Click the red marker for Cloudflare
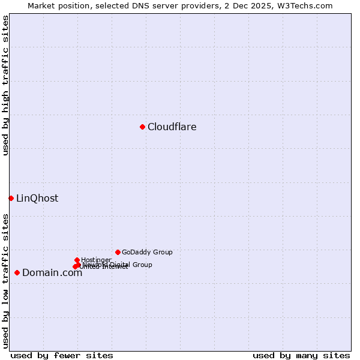(x=142, y=127)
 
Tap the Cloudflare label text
(x=172, y=127)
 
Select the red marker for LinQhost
(x=11, y=198)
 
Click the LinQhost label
(x=37, y=199)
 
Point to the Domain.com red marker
(x=17, y=272)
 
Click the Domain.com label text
(x=52, y=273)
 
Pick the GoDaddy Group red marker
(x=118, y=252)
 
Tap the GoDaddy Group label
(x=147, y=253)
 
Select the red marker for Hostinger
(x=77, y=260)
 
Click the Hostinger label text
(x=96, y=260)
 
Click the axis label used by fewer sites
(x=62, y=355)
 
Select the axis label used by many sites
(x=301, y=355)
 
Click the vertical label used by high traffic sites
(x=5, y=86)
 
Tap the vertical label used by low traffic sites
(x=5, y=280)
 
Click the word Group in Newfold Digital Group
(x=142, y=265)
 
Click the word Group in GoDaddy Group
(x=162, y=253)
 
